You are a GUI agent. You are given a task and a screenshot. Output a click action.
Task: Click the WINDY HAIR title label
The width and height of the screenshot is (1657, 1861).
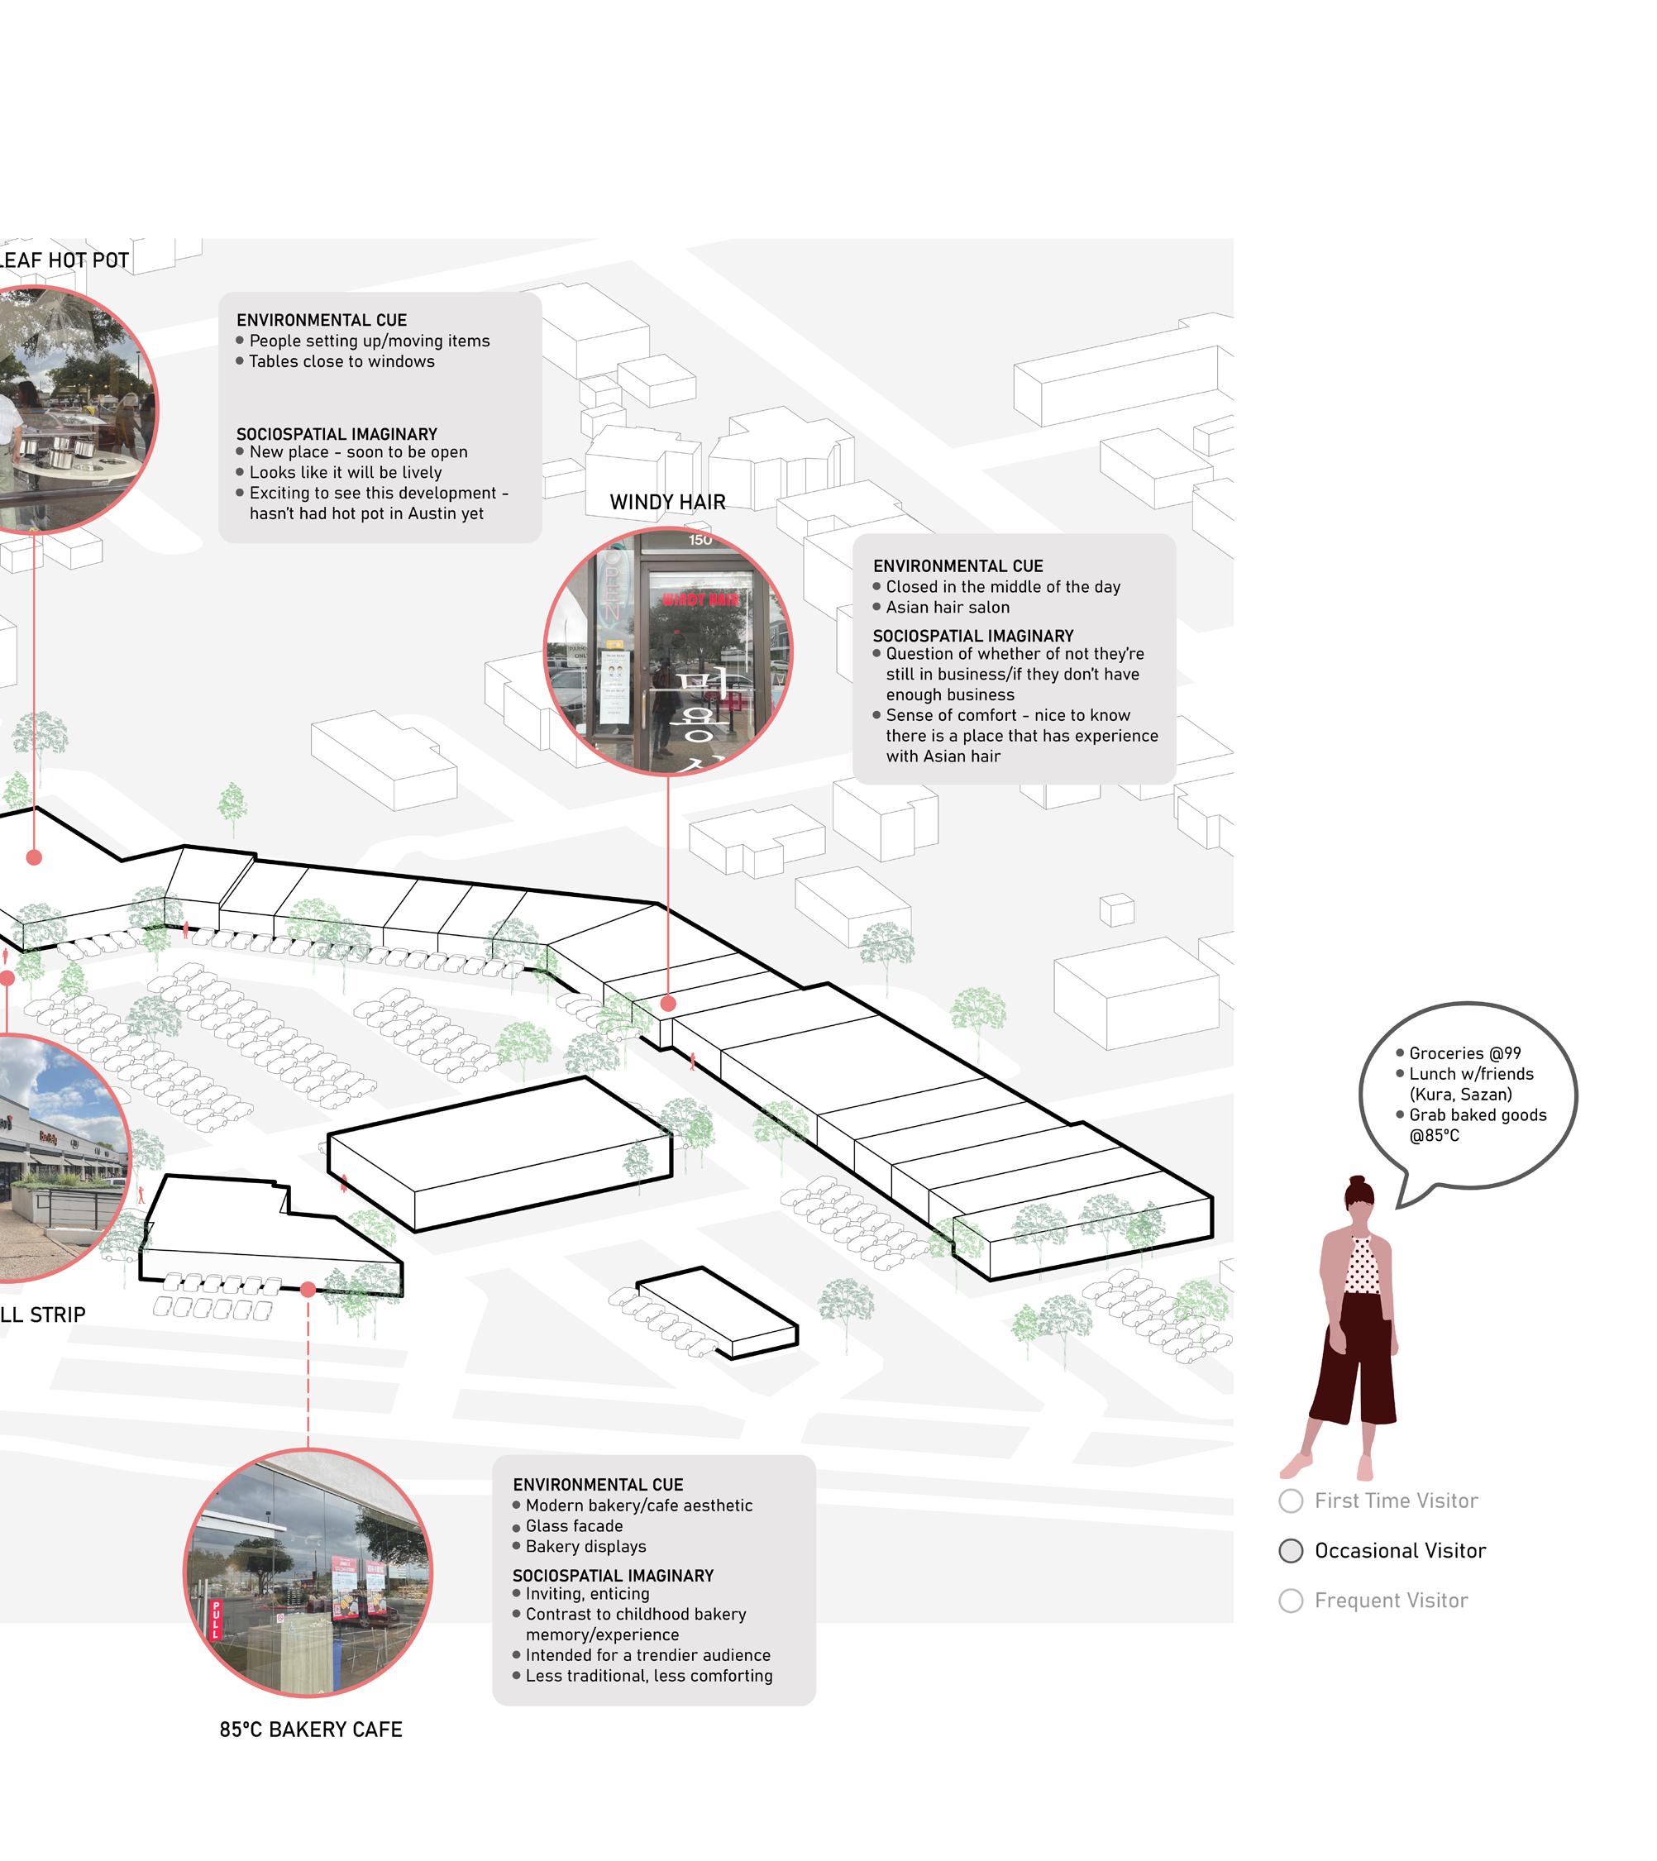[667, 503]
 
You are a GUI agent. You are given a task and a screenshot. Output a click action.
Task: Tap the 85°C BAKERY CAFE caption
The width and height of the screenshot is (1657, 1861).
[310, 1729]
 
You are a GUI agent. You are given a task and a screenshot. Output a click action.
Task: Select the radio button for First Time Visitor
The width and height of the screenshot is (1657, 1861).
[1290, 1501]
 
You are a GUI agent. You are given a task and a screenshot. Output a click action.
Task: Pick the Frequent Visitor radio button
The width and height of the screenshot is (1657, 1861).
[1290, 1601]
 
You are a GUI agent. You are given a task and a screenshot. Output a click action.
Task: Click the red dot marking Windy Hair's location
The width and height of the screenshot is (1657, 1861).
[668, 1004]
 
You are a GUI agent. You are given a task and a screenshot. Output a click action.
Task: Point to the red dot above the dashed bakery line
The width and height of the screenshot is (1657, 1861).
[308, 1289]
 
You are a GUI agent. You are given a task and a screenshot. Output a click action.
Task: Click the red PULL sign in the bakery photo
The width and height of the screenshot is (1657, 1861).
[216, 1620]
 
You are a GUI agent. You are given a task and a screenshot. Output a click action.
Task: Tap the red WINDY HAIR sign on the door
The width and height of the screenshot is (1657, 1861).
[700, 600]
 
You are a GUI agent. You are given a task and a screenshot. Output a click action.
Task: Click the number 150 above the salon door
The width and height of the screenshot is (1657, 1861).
[700, 541]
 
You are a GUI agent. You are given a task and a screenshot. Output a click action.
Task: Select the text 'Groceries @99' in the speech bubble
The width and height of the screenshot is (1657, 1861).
[1464, 1053]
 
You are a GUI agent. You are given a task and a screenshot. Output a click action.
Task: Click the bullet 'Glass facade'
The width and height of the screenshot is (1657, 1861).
[574, 1526]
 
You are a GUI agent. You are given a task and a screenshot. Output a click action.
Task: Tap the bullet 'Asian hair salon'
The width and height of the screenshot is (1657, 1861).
[947, 608]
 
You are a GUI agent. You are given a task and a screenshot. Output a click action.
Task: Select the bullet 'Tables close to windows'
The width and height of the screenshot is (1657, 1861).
[341, 361]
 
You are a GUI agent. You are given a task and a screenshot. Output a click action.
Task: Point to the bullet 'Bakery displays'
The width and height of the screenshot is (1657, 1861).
[585, 1546]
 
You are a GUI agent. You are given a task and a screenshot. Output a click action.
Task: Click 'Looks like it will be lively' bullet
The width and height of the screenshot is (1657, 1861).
[345, 473]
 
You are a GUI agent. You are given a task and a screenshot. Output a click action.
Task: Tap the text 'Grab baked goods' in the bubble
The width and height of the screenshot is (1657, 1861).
[1477, 1115]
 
